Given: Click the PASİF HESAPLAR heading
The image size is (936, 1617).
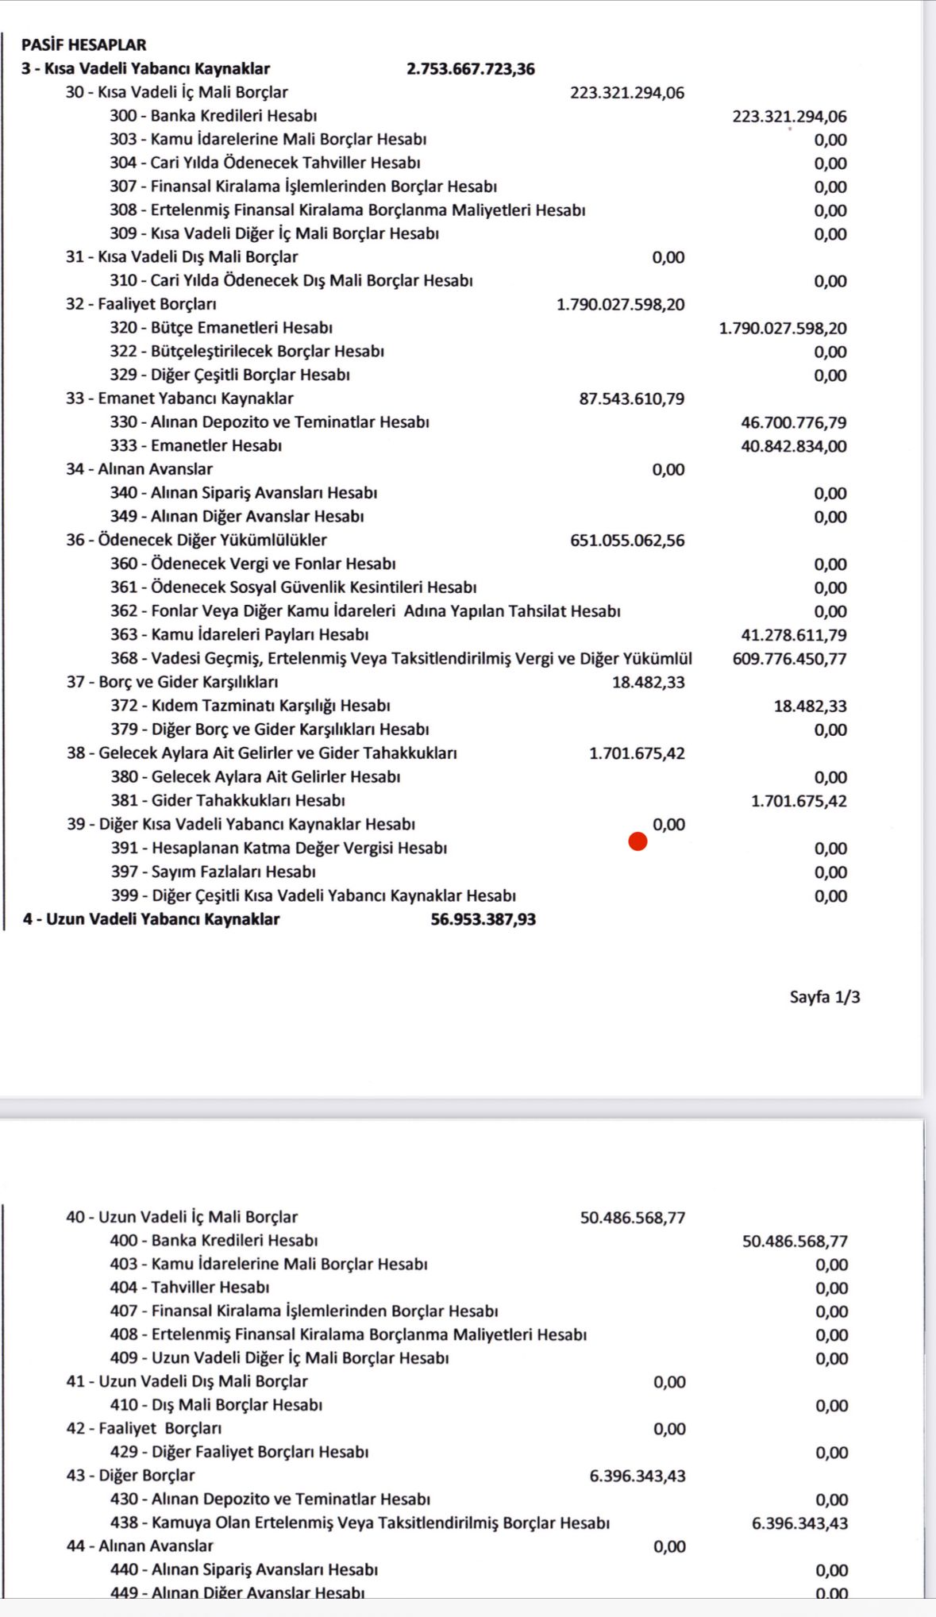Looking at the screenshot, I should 83,45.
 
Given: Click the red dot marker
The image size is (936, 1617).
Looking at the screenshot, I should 637,841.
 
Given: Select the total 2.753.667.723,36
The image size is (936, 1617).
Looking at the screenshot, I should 470,69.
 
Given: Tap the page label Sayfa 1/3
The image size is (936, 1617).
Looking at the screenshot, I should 824,997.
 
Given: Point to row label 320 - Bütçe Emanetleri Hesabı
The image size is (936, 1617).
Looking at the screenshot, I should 221,328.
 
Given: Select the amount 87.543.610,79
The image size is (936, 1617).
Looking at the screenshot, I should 631,398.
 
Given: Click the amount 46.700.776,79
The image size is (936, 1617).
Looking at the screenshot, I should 793,422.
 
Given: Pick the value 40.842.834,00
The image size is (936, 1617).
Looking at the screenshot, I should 793,446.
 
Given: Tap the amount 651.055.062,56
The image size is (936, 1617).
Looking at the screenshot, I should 627,541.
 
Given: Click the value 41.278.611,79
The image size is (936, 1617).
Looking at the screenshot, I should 793,635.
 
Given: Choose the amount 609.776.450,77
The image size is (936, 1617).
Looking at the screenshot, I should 789,659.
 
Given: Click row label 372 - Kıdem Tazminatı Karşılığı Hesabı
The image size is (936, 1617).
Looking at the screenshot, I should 250,706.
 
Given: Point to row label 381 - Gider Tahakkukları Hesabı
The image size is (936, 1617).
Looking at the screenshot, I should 228,800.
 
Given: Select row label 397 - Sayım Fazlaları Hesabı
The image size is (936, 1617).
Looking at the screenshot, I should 213,872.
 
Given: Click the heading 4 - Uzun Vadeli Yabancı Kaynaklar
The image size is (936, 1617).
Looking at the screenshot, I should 151,919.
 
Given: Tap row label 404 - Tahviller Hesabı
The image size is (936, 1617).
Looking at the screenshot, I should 190,1288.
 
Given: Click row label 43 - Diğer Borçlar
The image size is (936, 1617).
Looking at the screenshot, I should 130,1476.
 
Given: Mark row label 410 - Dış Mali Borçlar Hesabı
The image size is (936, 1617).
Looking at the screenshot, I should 216,1405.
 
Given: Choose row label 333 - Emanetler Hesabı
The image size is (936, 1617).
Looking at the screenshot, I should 196,446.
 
